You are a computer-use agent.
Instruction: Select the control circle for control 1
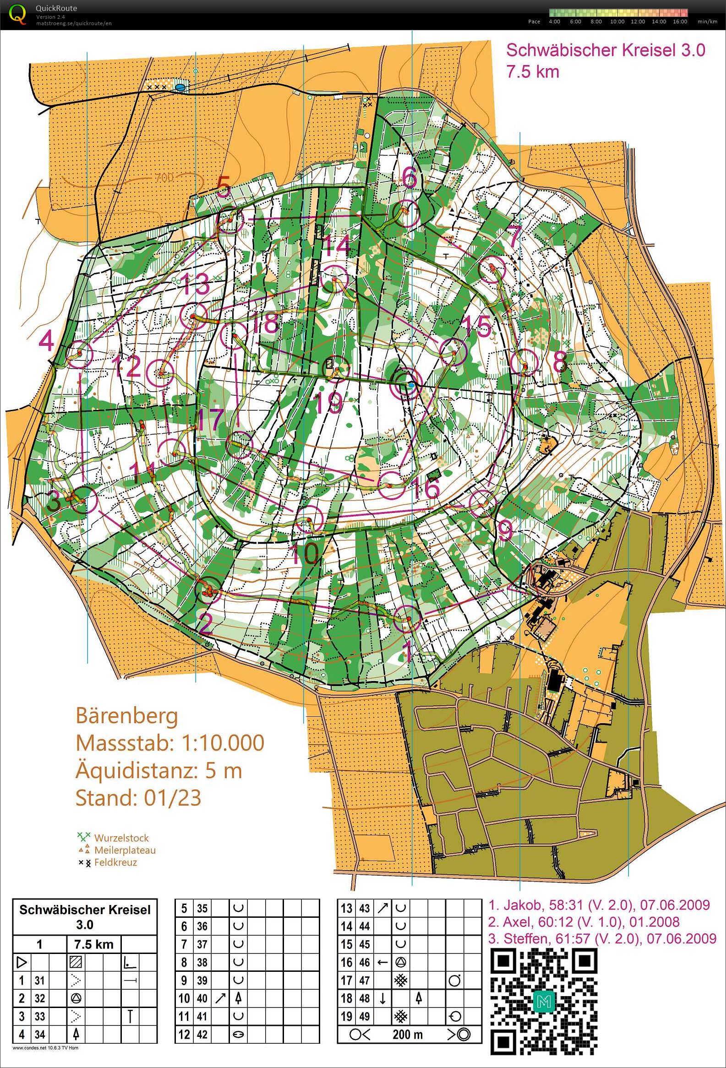pos(408,619)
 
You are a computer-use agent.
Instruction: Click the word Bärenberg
pos(126,715)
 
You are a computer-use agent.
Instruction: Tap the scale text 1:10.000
pos(219,743)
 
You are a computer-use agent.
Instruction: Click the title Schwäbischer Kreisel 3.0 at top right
pos(605,50)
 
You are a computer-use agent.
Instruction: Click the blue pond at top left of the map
pos(194,87)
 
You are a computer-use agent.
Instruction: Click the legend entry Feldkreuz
pos(115,862)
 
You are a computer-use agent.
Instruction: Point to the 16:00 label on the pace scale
pos(680,22)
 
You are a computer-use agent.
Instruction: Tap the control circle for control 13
pos(193,316)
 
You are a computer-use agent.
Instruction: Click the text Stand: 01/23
pos(138,798)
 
